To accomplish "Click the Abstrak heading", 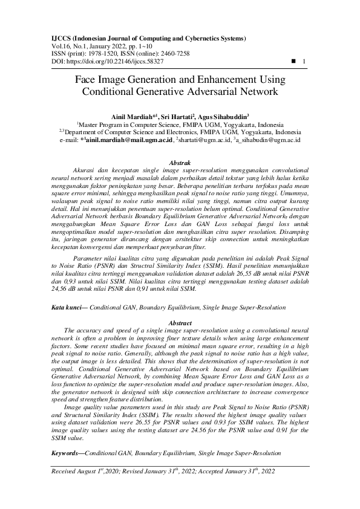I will point(180,163).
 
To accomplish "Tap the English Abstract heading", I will point(180,323).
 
